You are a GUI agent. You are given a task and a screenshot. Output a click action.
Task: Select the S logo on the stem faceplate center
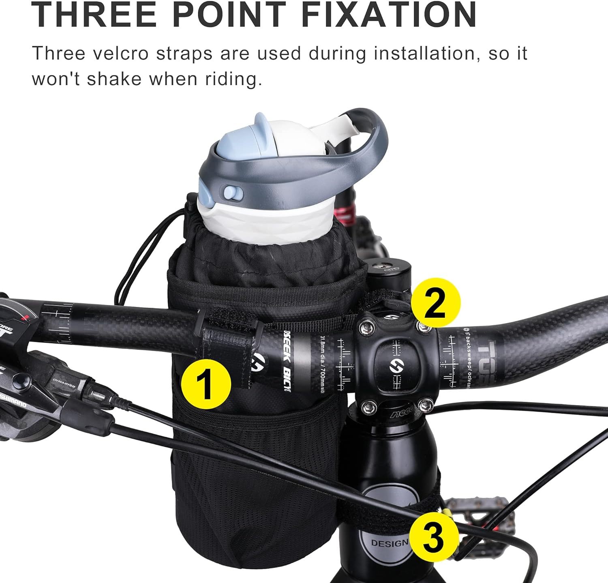point(393,364)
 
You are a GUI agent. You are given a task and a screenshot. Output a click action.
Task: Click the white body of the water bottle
point(268,223)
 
